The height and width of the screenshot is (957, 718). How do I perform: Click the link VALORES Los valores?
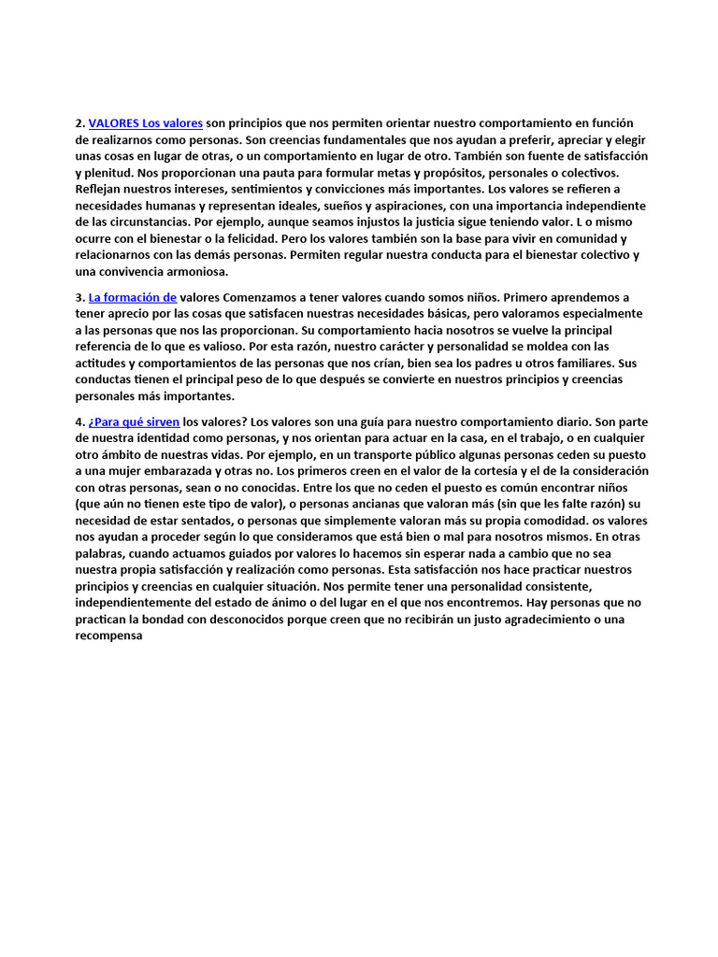point(146,123)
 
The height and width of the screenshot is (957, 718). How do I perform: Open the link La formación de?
point(133,297)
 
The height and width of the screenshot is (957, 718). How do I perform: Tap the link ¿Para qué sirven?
point(134,421)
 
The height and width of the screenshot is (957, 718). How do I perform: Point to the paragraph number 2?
point(79,123)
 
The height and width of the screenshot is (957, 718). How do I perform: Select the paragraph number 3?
point(79,297)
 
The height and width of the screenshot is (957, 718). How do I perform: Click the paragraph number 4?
point(79,421)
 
